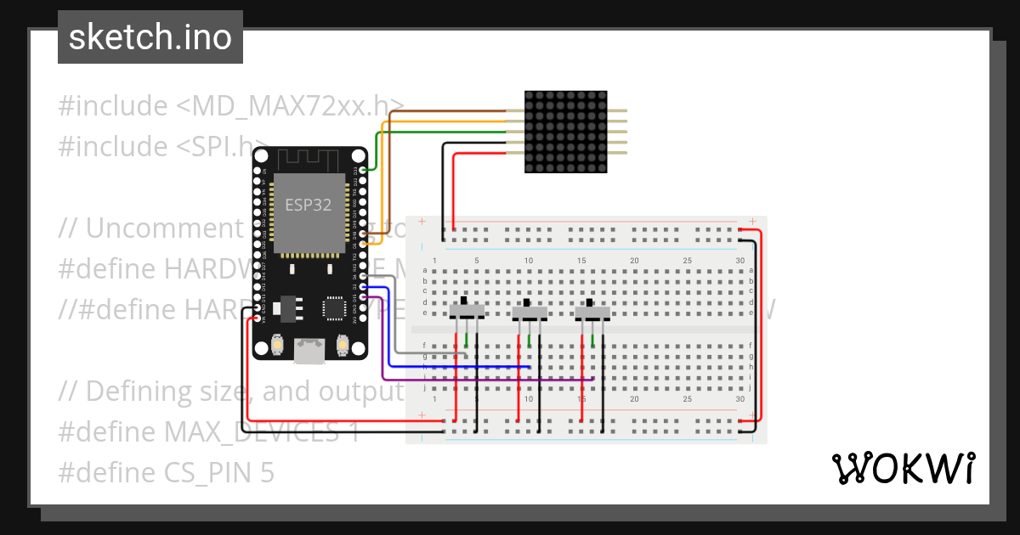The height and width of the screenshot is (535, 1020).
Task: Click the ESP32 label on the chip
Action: click(x=308, y=205)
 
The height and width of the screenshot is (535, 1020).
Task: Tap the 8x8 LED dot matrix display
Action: click(x=567, y=132)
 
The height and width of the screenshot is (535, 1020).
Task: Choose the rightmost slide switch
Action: click(x=593, y=312)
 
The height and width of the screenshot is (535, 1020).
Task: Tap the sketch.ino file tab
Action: click(x=150, y=37)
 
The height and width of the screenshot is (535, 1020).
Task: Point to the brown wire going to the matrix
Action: click(x=442, y=111)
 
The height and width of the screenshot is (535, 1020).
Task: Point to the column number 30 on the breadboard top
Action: click(x=739, y=260)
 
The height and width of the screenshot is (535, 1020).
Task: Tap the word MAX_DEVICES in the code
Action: click(x=246, y=431)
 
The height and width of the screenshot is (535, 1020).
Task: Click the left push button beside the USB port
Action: click(x=278, y=345)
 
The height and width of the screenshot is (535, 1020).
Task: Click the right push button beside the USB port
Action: click(x=343, y=345)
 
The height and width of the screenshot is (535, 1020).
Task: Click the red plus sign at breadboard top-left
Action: click(x=422, y=221)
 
